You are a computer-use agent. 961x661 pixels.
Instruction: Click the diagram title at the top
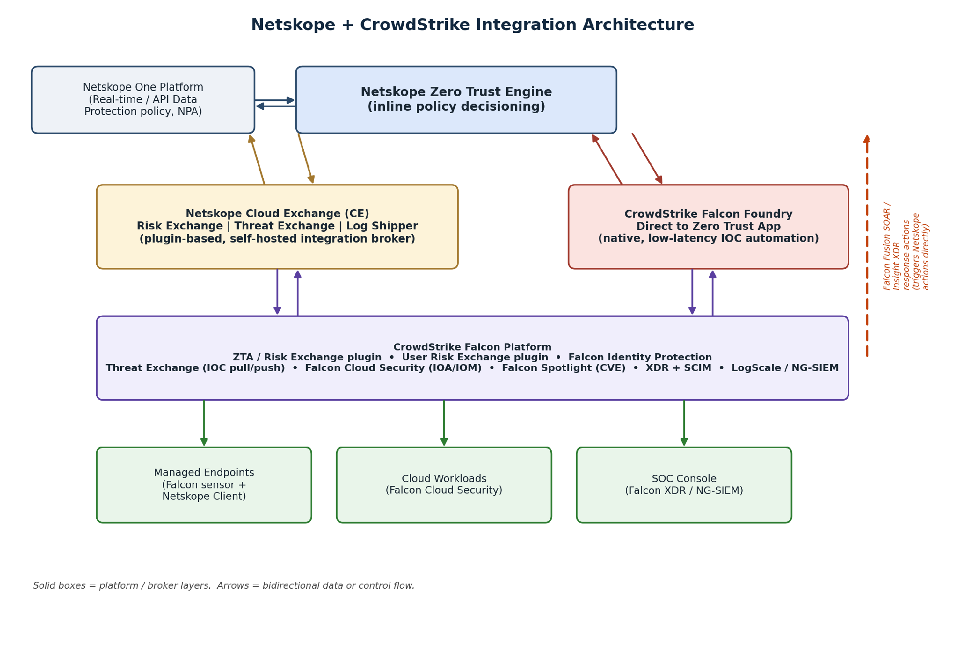(472, 25)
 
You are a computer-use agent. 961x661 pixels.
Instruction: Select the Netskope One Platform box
(143, 100)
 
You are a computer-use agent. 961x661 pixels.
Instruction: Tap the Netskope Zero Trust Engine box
(456, 100)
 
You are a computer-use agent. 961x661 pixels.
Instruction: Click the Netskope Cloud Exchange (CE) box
(277, 227)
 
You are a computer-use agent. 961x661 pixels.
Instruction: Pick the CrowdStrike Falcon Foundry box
(708, 227)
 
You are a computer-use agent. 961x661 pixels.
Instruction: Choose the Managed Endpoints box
(204, 485)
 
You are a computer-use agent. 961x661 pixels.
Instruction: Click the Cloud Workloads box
(444, 485)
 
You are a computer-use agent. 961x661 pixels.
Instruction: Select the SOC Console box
(684, 485)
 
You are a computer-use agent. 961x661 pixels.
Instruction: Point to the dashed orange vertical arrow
(867, 246)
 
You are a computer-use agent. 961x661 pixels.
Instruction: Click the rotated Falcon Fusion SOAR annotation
(907, 246)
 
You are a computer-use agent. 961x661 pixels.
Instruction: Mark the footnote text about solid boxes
(223, 585)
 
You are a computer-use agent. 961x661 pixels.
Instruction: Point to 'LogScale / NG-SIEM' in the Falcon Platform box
(785, 368)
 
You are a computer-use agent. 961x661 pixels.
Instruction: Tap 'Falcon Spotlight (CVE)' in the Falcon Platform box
(564, 368)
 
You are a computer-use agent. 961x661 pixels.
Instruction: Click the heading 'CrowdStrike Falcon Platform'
(472, 347)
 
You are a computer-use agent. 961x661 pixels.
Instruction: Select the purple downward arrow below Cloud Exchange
(277, 292)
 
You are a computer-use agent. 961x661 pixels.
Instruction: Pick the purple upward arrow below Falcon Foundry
(713, 293)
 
